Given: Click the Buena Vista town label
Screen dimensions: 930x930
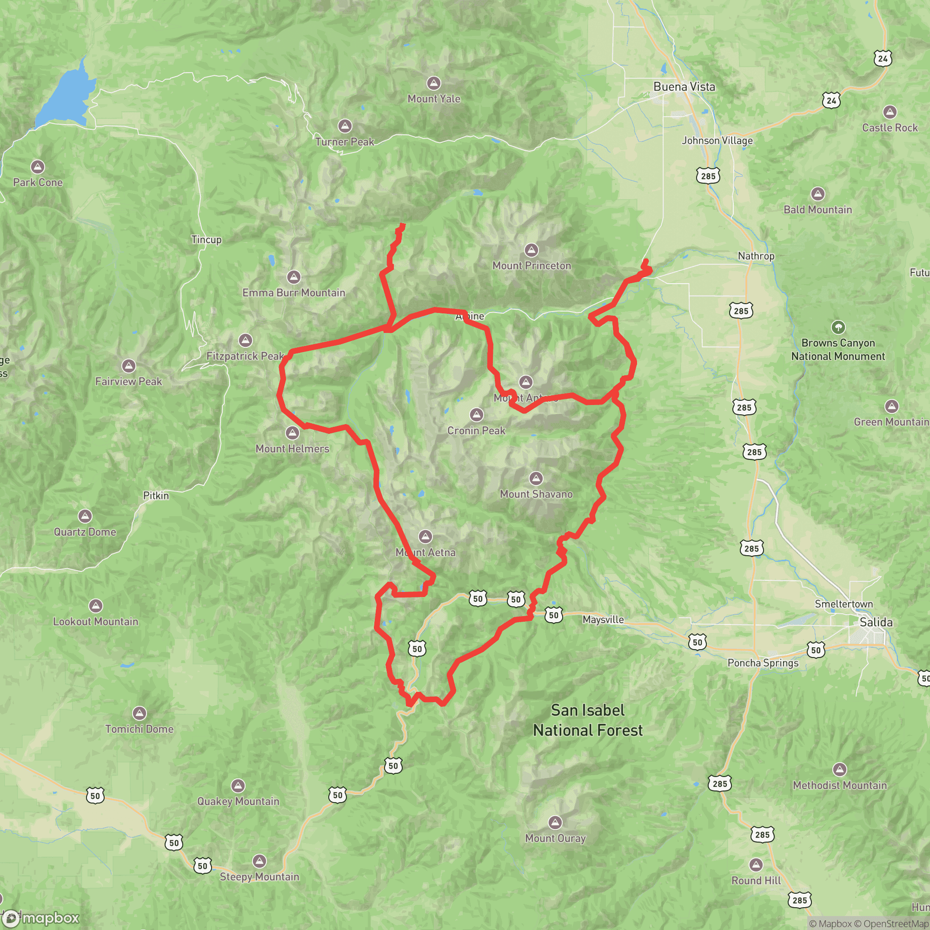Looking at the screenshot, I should (684, 86).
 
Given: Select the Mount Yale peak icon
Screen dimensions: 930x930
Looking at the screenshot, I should (434, 83).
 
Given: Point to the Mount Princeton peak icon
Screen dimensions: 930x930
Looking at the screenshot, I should (531, 250).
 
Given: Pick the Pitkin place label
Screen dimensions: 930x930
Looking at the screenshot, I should (156, 495).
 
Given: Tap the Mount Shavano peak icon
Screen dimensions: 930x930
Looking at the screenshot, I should (536, 478).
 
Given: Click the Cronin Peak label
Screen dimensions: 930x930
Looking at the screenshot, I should (476, 430).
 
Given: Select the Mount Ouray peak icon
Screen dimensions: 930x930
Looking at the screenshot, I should (555, 822).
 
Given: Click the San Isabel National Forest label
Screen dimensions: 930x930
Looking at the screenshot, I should (588, 720).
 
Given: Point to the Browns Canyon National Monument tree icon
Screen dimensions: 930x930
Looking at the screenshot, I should (838, 327).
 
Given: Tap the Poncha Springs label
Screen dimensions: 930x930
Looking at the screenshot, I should (763, 663).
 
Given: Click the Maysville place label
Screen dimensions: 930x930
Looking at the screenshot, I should (603, 619).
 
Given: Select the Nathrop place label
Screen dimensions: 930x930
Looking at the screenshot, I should (756, 256).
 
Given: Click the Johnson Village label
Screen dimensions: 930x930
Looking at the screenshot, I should (717, 140).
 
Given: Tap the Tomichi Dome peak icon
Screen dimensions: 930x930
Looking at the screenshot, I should (139, 713).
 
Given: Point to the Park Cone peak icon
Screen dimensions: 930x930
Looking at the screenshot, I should (38, 167).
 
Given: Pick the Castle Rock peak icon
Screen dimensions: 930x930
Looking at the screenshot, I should (890, 112).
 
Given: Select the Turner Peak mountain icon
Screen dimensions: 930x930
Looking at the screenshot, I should (344, 126).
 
